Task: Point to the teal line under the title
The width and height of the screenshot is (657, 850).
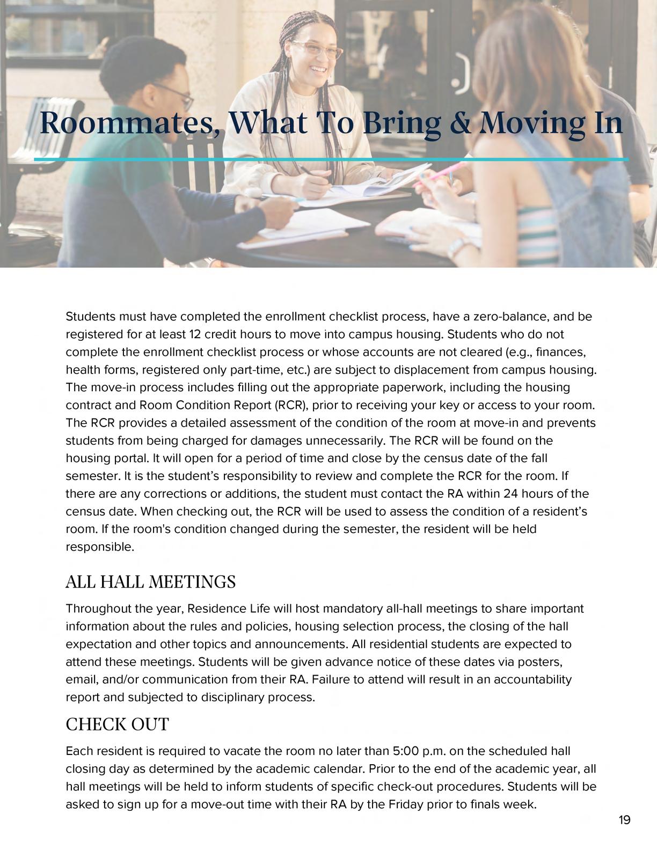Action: pos(331,159)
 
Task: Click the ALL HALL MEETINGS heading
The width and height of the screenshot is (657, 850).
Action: pos(150,581)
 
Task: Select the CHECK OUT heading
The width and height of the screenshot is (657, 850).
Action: pos(117,724)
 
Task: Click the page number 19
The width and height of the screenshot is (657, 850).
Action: pos(624,819)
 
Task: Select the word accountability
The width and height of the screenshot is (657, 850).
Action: pos(532,679)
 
